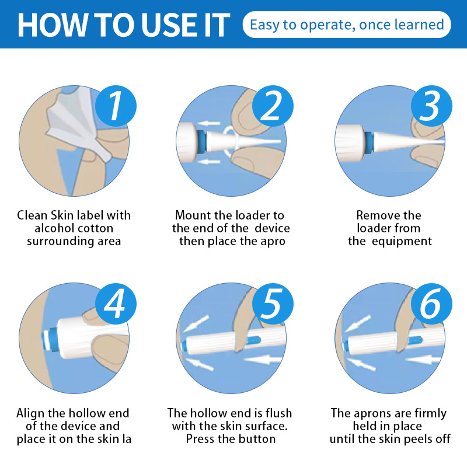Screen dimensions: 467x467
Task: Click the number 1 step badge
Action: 116,106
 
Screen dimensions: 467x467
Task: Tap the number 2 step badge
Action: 273,106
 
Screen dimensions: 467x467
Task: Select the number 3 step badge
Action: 431,106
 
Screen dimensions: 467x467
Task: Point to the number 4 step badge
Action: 116,304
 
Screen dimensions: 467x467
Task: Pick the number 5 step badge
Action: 273,304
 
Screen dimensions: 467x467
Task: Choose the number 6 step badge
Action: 431,304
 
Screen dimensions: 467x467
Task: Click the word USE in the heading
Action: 169,25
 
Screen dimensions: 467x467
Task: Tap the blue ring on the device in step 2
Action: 201,142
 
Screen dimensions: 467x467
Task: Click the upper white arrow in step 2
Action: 210,123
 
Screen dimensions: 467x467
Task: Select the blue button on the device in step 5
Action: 253,340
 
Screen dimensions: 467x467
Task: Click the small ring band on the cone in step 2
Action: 230,142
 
